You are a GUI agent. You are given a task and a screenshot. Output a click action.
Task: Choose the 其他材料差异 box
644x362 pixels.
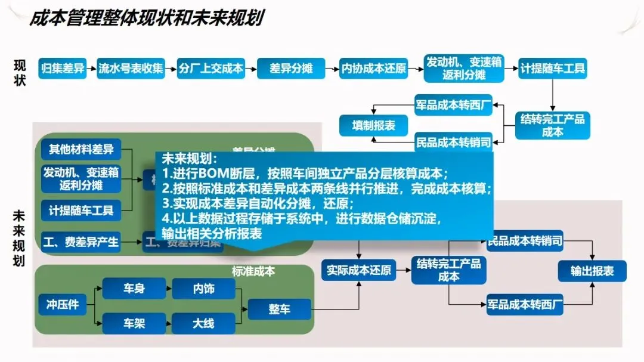pos(81,147)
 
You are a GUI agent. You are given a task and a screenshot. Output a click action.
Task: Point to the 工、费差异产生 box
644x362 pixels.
pos(81,242)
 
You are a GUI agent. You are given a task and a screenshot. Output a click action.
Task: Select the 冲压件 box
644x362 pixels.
pos(63,304)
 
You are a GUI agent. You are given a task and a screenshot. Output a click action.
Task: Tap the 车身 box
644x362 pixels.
pos(134,289)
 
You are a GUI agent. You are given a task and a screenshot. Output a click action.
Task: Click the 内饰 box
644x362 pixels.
pos(203,289)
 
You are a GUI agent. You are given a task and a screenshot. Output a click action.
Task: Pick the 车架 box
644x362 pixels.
pos(134,323)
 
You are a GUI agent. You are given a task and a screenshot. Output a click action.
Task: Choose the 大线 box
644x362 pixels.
pos(203,323)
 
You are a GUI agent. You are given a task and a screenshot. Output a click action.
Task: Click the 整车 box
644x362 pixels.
pos(280,309)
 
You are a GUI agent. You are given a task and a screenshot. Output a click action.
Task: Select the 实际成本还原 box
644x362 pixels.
pos(359,270)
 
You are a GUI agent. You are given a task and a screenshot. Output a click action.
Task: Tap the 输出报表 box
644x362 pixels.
pos(592,271)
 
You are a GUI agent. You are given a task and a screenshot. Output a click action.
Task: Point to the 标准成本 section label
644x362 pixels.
pos(253,271)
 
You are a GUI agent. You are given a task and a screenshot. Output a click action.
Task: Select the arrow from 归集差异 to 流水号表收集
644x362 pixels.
pos(92,69)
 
